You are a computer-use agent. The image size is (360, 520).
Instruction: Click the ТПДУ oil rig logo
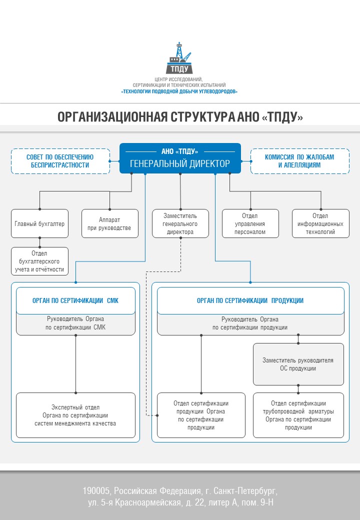(x=179, y=58)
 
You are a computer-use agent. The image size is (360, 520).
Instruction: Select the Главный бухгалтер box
(x=39, y=223)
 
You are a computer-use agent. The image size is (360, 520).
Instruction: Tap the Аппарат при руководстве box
(x=110, y=223)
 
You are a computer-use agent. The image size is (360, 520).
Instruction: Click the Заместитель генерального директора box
(x=180, y=223)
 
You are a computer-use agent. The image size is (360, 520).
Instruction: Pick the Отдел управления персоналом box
(x=250, y=223)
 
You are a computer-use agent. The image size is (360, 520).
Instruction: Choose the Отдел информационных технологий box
(x=320, y=223)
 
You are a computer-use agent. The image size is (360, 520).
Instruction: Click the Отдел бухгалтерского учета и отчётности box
(x=39, y=261)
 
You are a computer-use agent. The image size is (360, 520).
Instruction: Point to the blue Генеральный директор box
(x=180, y=158)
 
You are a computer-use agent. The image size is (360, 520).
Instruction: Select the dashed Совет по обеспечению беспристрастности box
(x=60, y=160)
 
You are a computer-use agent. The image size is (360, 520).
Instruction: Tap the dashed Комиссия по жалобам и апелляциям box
(x=299, y=160)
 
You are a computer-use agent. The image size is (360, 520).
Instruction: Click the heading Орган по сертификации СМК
(x=75, y=300)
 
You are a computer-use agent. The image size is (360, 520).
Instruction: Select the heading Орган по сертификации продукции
(x=250, y=300)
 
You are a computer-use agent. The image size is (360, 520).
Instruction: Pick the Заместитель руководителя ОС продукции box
(x=298, y=364)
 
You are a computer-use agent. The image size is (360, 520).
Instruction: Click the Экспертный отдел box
(x=75, y=415)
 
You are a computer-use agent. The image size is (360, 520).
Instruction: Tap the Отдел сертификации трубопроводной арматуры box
(x=298, y=415)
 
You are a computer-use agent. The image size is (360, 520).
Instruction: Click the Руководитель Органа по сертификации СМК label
(x=75, y=323)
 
